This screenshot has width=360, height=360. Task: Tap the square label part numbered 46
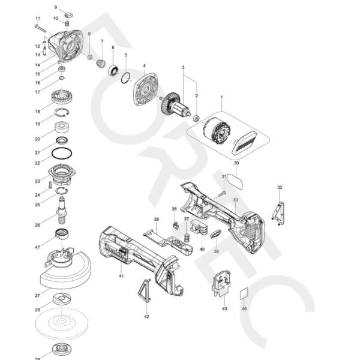coord(244,294)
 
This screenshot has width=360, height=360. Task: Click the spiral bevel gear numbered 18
coord(62,98)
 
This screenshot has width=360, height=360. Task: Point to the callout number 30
coord(236,163)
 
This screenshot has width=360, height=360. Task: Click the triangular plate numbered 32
coord(278,213)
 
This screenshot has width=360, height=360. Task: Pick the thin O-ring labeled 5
coord(125,77)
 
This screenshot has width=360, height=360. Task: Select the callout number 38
coord(156,220)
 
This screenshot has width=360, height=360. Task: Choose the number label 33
coord(236,199)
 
